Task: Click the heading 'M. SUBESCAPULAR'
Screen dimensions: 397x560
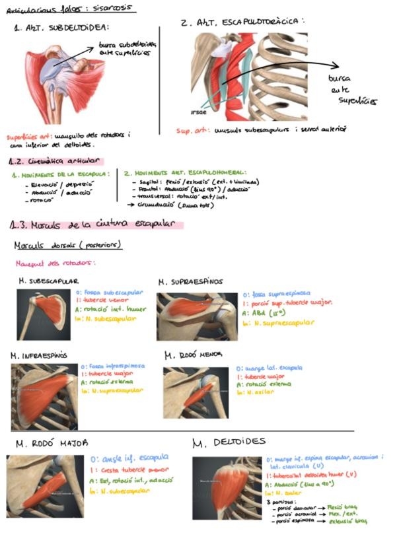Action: coord(50,281)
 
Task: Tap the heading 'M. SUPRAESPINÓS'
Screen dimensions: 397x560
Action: coord(191,282)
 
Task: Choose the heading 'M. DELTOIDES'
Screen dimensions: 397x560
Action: coord(229,441)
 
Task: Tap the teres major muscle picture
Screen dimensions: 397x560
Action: coord(45,486)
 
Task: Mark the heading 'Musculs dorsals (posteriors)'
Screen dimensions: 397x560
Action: coord(68,246)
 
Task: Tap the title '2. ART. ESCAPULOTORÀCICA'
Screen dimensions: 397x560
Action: coord(242,22)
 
